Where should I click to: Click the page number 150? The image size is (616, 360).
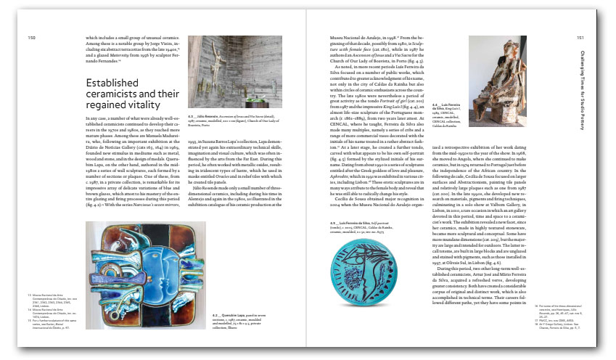coord(31,38)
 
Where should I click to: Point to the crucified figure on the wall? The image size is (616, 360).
coord(210,62)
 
